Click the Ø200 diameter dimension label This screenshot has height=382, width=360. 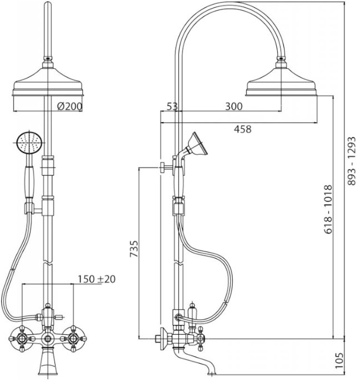click(69, 106)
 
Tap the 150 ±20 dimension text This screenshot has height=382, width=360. click(97, 279)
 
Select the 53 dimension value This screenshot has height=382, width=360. click(172, 107)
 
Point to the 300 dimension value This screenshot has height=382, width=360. click(234, 107)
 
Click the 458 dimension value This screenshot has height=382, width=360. click(243, 129)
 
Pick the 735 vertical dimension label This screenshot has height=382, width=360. click(134, 249)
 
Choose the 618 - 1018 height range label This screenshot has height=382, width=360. click(328, 209)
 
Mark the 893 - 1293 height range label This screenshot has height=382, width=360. click(352, 161)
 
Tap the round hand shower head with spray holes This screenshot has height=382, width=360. click(29, 143)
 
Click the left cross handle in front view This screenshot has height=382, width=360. click(22, 339)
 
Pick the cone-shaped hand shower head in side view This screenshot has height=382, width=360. click(196, 145)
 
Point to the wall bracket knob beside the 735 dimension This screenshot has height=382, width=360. click(162, 167)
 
